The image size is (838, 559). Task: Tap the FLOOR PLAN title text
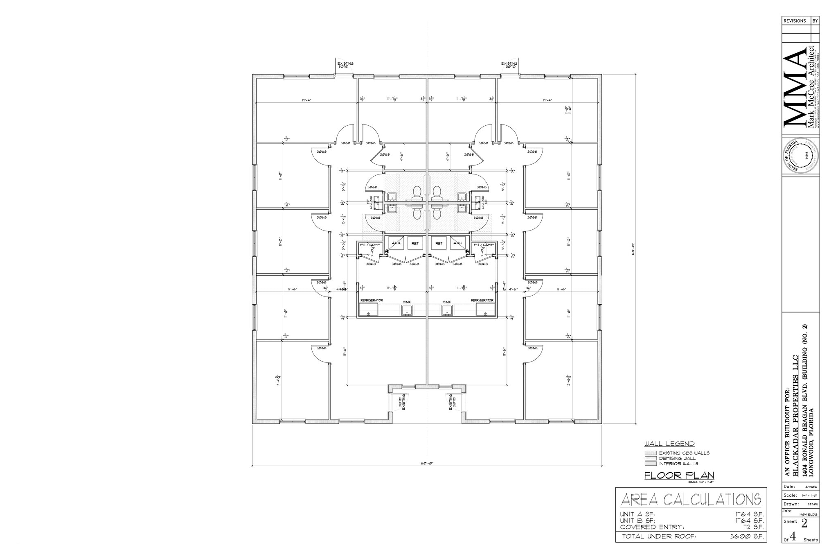pyautogui.click(x=679, y=475)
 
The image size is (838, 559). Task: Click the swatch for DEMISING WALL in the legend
pyautogui.click(x=650, y=458)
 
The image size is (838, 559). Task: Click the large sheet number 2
pyautogui.click(x=804, y=523)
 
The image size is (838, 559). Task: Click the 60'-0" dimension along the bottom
pyautogui.click(x=427, y=464)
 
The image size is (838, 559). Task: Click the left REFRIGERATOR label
pyautogui.click(x=372, y=301)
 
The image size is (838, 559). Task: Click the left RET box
pyautogui.click(x=415, y=243)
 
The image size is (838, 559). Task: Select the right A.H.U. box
pyautogui.click(x=457, y=243)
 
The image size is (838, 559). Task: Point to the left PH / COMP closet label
pyautogui.click(x=370, y=245)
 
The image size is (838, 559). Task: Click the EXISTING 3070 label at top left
pyautogui.click(x=345, y=65)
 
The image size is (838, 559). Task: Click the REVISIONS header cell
pyautogui.click(x=795, y=21)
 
